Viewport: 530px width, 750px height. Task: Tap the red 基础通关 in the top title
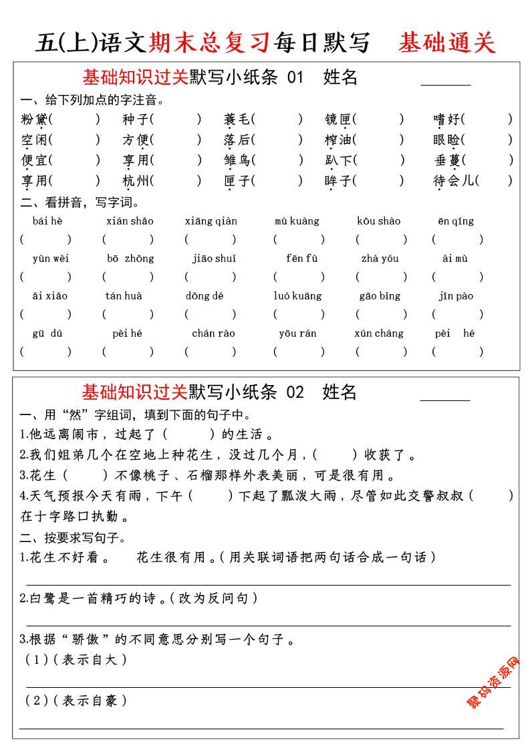(x=447, y=43)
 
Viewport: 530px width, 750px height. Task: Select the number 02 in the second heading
(x=295, y=392)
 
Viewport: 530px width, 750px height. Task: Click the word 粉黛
(x=34, y=120)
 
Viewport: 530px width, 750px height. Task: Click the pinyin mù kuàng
(x=297, y=221)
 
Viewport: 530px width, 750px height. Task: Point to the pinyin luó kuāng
(x=297, y=295)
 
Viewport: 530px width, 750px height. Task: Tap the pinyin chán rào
(x=213, y=333)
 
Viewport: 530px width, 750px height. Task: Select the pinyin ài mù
(x=455, y=259)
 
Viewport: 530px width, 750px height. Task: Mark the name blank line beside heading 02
(x=445, y=400)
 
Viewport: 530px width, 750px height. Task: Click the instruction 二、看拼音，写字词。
(x=80, y=202)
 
